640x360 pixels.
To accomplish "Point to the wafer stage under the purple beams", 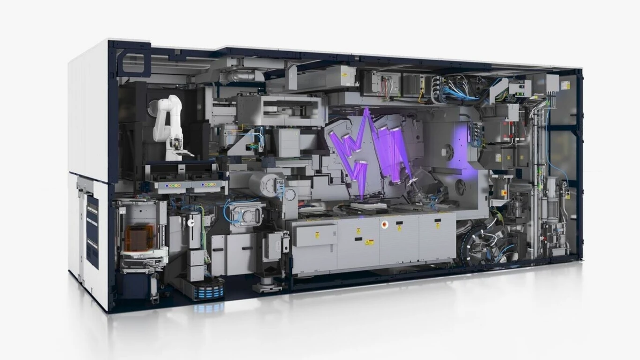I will [368, 205].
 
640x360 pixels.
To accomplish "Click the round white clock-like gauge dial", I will [290, 195].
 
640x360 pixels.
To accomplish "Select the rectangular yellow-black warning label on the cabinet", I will [369, 242].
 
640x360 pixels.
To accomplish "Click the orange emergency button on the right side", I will [505, 192].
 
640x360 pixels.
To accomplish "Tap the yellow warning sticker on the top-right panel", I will [566, 85].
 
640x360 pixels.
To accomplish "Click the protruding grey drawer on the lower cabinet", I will [315, 234].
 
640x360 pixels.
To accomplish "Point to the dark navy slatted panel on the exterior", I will [92, 232].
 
